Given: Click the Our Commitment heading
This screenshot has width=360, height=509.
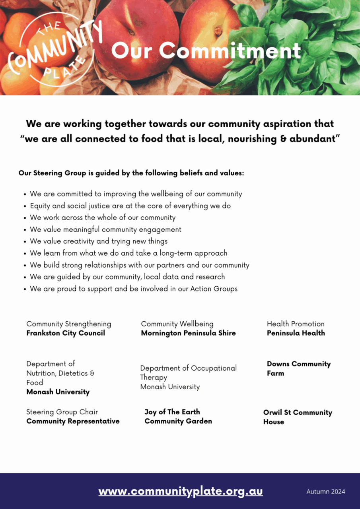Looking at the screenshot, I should (x=206, y=51).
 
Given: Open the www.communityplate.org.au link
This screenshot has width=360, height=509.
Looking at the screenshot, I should (x=181, y=491).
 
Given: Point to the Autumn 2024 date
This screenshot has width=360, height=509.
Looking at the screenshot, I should (x=325, y=492).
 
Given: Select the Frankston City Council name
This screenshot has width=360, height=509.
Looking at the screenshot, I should (x=66, y=333).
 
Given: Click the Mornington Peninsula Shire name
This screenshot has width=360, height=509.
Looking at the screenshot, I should (x=188, y=333).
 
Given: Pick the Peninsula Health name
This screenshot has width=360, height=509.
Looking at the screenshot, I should (x=296, y=333).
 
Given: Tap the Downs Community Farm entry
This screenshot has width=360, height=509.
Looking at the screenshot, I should (x=298, y=369).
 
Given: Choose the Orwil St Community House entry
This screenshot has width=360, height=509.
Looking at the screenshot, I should (x=297, y=417).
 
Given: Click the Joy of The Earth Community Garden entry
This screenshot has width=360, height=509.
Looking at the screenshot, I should (x=178, y=416).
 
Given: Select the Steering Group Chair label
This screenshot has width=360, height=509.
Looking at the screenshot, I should (x=62, y=412).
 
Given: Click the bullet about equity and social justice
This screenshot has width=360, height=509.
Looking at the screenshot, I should (x=130, y=206).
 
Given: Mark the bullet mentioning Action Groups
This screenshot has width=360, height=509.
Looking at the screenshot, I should (x=133, y=289).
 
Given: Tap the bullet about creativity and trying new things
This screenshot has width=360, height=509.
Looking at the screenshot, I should (x=99, y=241).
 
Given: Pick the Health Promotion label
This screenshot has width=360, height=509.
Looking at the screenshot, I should (x=296, y=324).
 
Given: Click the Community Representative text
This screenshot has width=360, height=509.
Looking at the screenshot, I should (x=73, y=422).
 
